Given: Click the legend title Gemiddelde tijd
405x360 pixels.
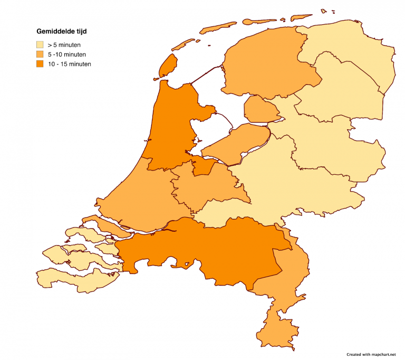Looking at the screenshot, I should (61, 31).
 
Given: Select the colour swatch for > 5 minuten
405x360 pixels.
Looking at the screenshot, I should (40, 45).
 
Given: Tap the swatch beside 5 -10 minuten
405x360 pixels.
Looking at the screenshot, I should (40, 54).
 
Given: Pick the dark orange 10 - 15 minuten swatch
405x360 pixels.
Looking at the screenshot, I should (40, 64).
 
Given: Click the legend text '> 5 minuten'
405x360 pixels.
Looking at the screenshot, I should (64, 45).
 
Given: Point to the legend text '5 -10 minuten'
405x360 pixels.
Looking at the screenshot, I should (66, 54).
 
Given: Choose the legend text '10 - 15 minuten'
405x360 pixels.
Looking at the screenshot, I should (69, 64).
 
